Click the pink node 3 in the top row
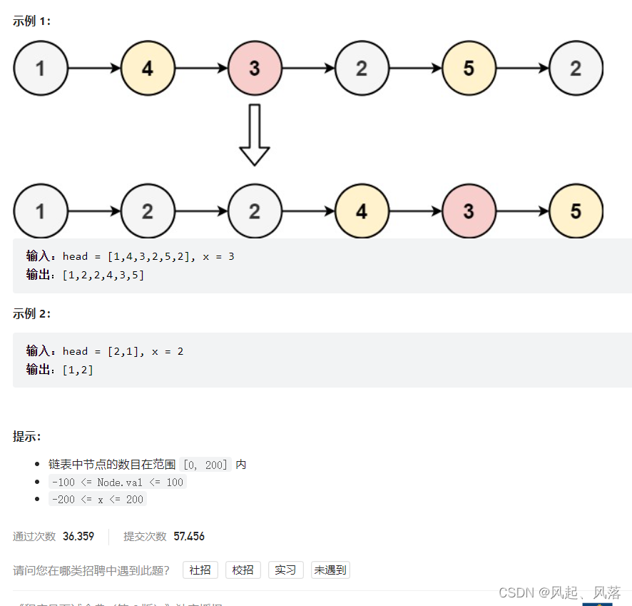(255, 69)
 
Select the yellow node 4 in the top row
(148, 69)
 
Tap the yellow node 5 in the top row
(469, 69)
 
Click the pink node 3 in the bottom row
(469, 211)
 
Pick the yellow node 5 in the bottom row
(576, 211)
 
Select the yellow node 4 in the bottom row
(362, 211)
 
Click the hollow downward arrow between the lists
(255, 136)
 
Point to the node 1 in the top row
(41, 69)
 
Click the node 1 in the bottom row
(41, 211)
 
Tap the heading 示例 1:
(31, 21)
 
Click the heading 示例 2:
(31, 314)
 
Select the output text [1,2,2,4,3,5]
(103, 275)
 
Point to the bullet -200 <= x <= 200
(97, 500)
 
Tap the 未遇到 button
(330, 570)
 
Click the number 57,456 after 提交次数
(189, 537)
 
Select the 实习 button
(286, 570)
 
